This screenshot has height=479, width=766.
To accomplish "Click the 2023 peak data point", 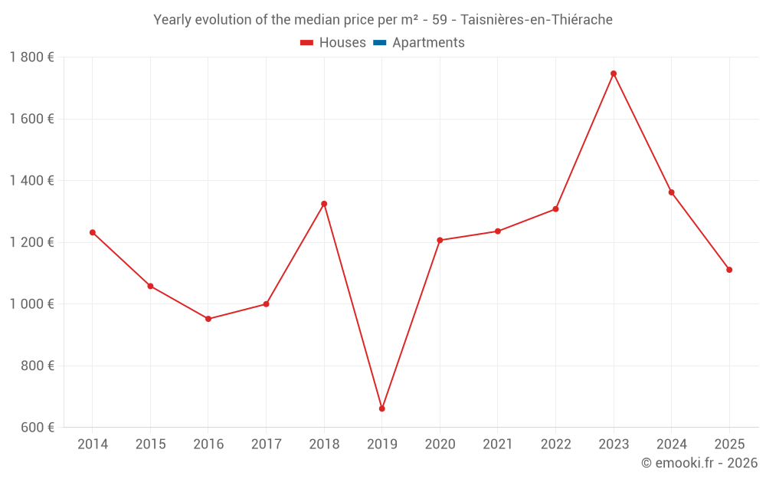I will coord(614,74).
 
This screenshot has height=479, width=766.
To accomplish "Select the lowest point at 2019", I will coord(381,408).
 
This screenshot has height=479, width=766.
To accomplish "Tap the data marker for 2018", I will coord(324,204).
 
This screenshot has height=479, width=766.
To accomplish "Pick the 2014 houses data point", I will coord(93,232).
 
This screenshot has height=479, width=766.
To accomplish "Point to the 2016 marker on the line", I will coord(208,319).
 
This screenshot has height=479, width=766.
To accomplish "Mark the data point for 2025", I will coord(729,270).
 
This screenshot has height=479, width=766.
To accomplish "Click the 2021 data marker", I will coord(498,231).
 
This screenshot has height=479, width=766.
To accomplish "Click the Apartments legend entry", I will coord(428,43).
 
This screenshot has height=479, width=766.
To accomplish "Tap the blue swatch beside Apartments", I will coord(379,43).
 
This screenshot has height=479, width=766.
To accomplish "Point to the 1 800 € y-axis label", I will coord(32,57).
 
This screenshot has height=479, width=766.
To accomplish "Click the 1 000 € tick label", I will coord(32,304).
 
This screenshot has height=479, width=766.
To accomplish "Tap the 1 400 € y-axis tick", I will coord(32,181).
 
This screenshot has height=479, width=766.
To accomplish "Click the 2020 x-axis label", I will coord(440,445).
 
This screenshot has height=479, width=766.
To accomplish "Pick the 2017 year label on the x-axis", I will coord(266,445).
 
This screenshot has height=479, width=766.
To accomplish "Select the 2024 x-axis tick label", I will coord(671,445).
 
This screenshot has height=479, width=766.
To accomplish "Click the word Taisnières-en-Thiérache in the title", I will coord(536,20).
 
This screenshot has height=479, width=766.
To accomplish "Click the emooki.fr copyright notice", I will coord(699,463).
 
